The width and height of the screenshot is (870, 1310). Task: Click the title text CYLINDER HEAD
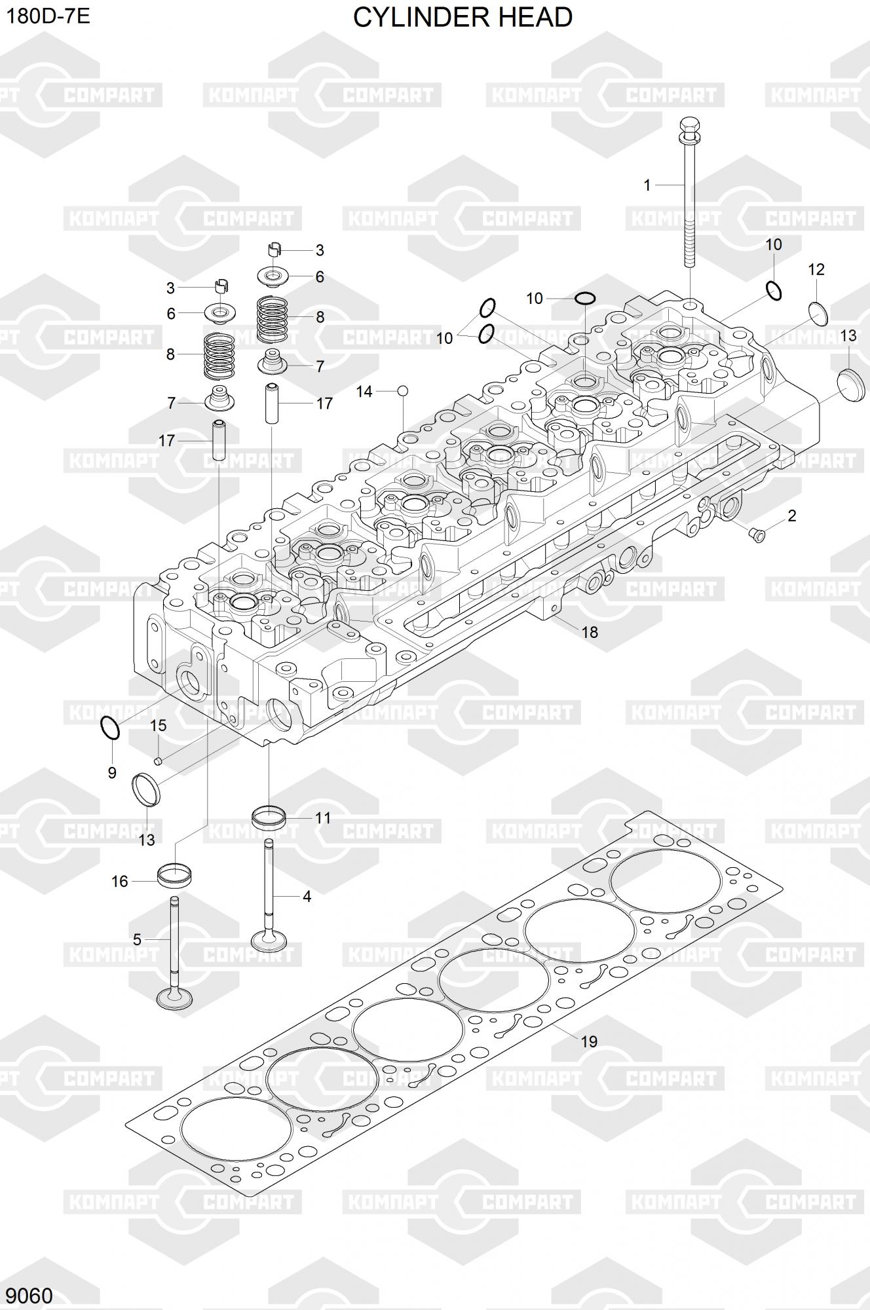pos(463,18)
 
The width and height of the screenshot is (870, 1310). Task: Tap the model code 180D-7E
pos(48,16)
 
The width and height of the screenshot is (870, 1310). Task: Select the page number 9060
pos(29,1296)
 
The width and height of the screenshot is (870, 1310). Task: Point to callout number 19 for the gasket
pos(589,1041)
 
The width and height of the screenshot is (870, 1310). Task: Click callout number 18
pos(590,631)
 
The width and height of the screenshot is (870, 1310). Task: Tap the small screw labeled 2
pos(758,535)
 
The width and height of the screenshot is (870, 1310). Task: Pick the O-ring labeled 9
pos(110,727)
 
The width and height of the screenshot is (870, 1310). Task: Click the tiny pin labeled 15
pos(157,760)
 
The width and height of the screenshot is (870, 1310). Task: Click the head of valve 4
pos(269,940)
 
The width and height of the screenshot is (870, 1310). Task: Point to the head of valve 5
pos(175,998)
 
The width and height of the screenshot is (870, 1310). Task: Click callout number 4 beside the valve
pos(307,896)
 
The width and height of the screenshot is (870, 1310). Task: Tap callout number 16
pos(120,882)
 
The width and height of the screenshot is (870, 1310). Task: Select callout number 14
pos(364,391)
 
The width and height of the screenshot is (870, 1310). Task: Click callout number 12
pos(816,269)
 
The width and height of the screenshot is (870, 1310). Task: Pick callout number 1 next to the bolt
pos(647,185)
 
